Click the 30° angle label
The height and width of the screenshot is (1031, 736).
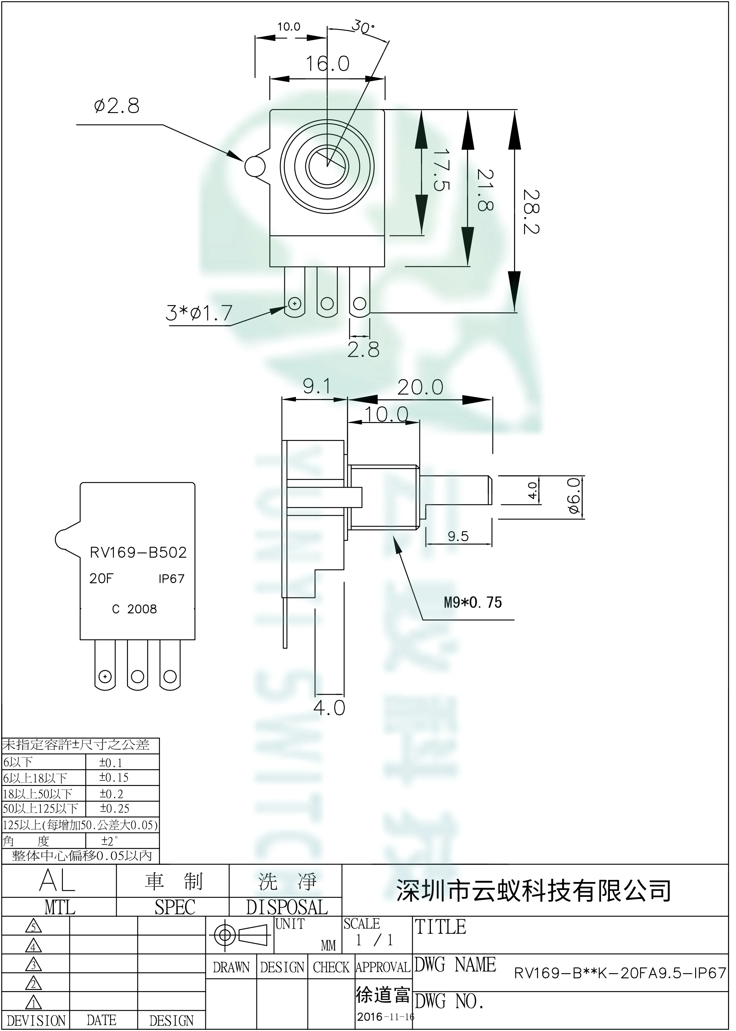[363, 27]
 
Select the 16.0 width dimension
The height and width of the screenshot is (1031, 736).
[327, 64]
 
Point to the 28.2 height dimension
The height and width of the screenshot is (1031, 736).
[531, 212]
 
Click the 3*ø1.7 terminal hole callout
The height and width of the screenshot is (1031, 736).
[199, 313]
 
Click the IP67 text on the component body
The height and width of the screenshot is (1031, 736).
[171, 579]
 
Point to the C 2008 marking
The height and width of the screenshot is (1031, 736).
[134, 609]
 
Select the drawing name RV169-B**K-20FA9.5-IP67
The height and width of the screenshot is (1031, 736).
[620, 973]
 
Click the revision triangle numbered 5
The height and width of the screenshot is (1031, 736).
[34, 926]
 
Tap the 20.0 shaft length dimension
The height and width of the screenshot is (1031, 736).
[420, 388]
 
